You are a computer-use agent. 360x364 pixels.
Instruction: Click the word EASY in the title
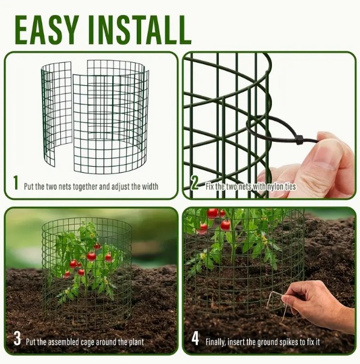[47, 30]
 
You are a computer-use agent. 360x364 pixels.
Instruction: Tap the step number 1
[16, 183]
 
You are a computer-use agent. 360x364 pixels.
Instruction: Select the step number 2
[194, 183]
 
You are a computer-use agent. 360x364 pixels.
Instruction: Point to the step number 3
[17, 339]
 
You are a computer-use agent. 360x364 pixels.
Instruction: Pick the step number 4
[195, 339]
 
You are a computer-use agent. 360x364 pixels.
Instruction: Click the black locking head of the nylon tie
[300, 140]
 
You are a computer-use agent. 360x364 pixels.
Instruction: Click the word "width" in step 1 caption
[150, 187]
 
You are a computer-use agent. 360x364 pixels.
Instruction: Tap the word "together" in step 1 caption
[86, 187]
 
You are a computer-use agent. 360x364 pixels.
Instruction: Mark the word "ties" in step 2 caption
[291, 187]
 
